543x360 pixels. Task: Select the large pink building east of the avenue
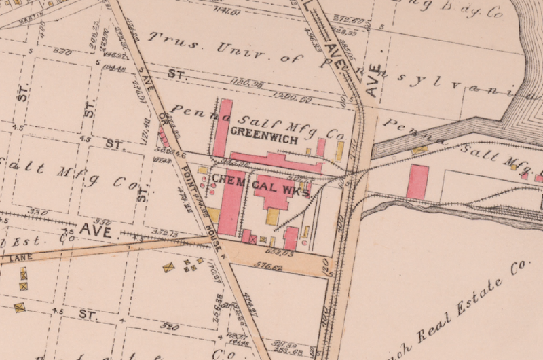pos(417,181)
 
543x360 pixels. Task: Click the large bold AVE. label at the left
pos(95,230)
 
